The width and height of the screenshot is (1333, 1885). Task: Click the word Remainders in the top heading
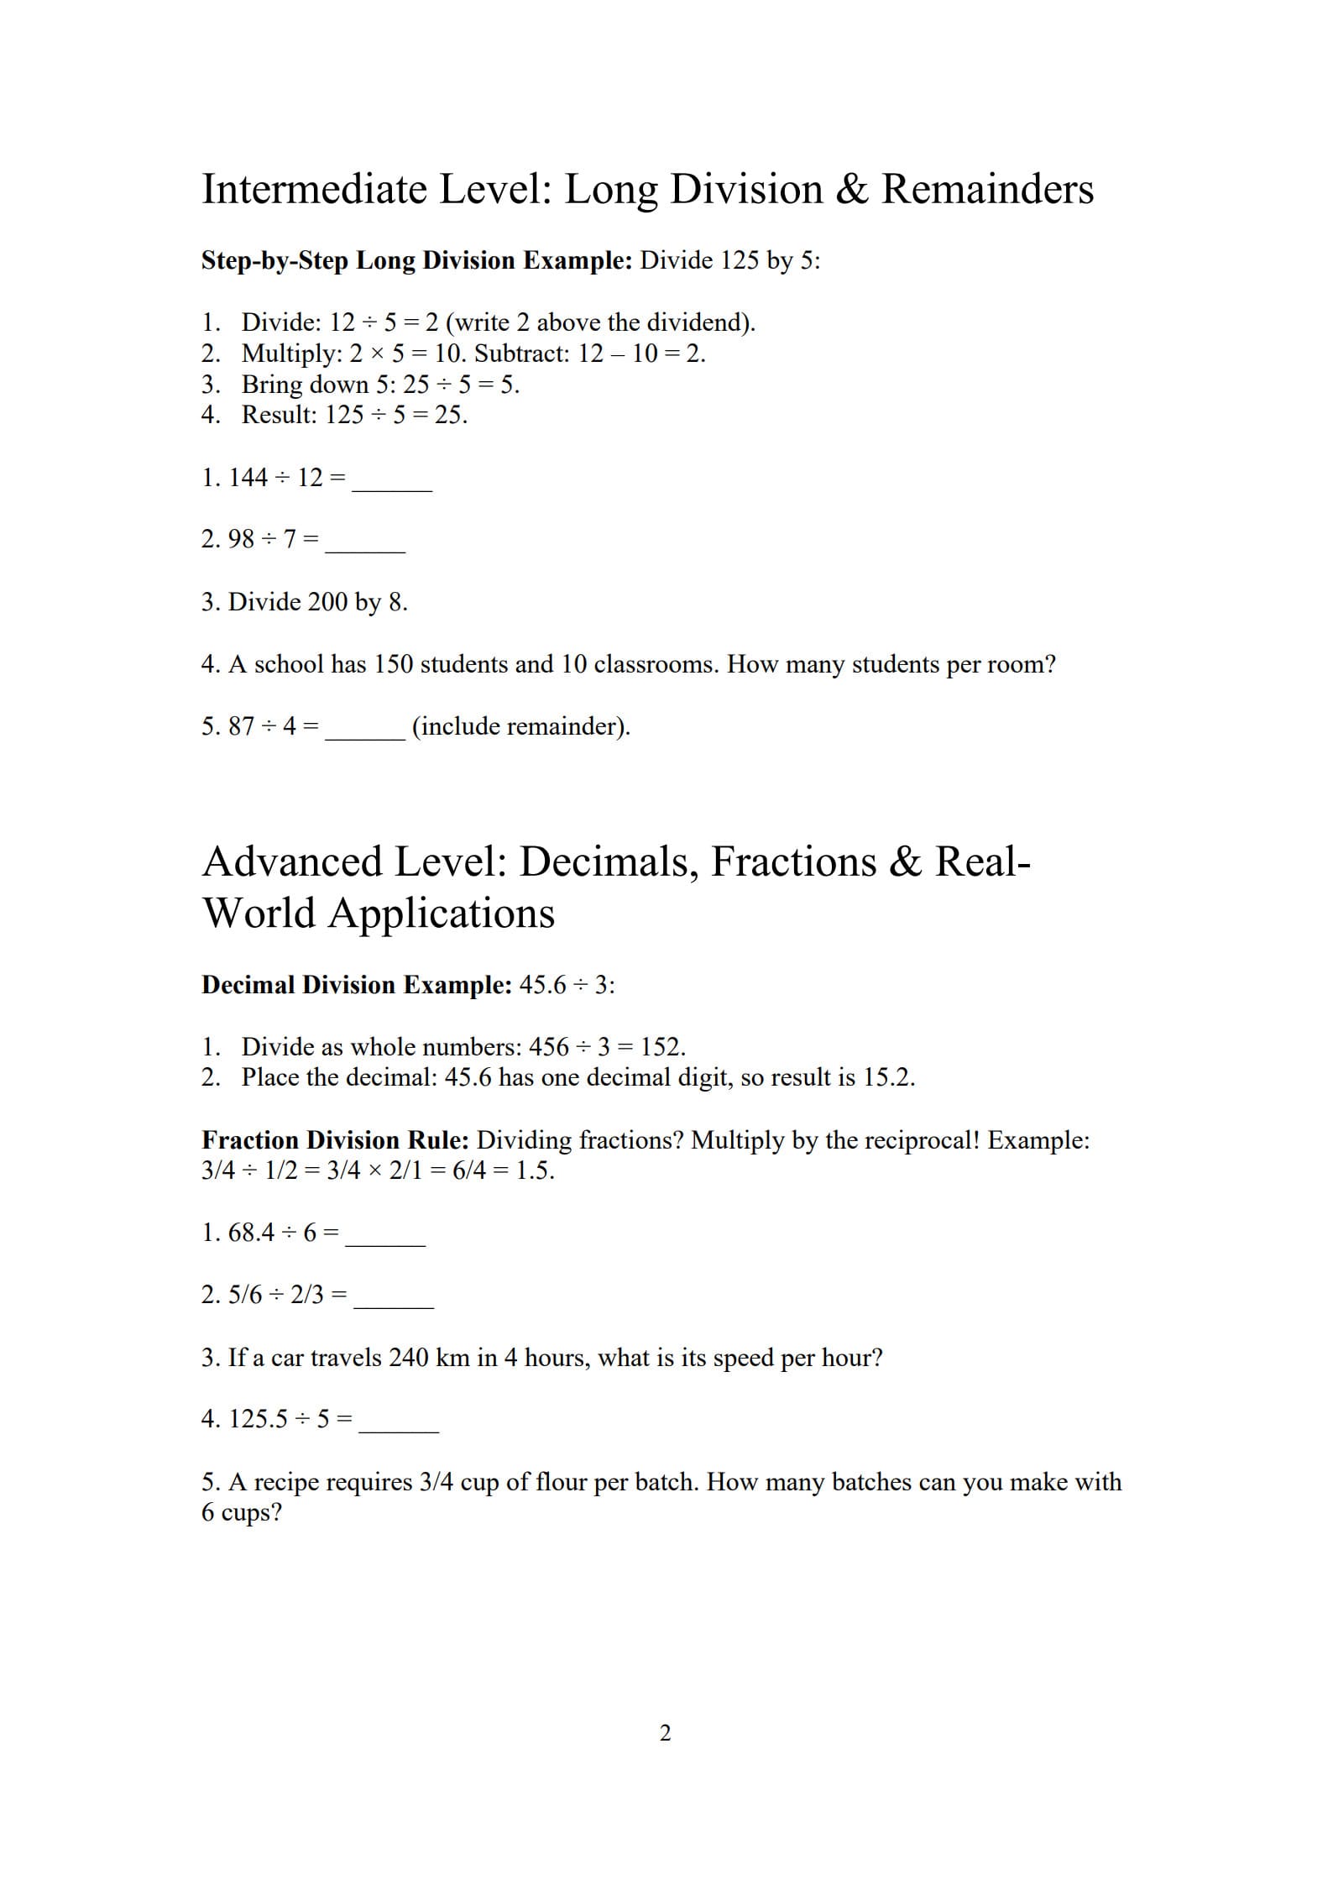pyautogui.click(x=986, y=189)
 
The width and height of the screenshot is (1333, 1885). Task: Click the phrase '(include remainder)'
pyautogui.click(x=520, y=726)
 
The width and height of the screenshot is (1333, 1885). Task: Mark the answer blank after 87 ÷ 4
pyautogui.click(x=365, y=733)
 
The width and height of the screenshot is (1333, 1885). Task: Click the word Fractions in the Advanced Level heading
pyautogui.click(x=793, y=861)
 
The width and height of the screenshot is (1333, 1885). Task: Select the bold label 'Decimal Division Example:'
pyautogui.click(x=356, y=985)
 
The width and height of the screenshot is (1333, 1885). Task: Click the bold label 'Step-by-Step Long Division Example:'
pyautogui.click(x=416, y=260)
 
